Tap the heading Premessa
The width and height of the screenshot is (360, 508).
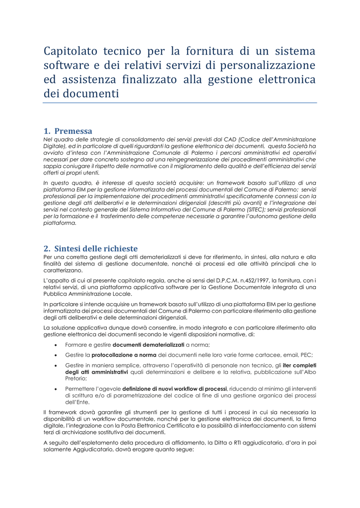coord(73,131)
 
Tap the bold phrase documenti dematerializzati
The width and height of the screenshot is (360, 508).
coord(148,344)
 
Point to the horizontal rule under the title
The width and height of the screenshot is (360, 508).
coord(180,103)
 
